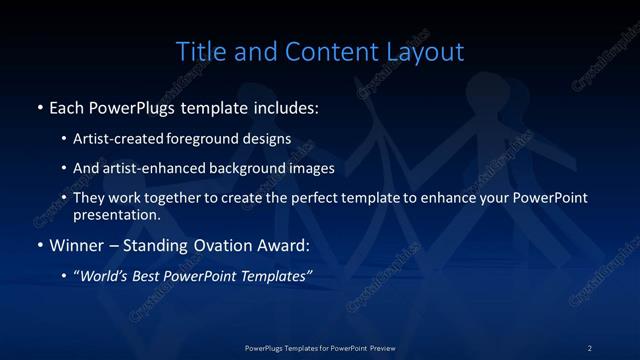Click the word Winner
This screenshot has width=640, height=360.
click(74, 245)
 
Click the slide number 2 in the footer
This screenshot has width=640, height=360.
click(590, 347)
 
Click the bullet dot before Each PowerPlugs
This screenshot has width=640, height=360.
click(39, 106)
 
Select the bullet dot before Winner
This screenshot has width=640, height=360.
click(39, 245)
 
